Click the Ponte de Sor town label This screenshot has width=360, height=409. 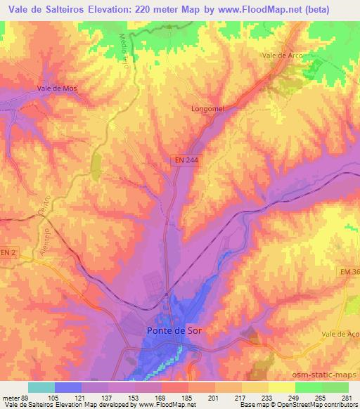coord(172,330)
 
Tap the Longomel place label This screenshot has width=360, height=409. coord(207,109)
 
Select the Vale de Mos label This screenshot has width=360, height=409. coord(56,89)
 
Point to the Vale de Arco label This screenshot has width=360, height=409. coord(277,55)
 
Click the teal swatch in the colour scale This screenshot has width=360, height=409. coord(41,387)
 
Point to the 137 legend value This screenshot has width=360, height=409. coord(109,396)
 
